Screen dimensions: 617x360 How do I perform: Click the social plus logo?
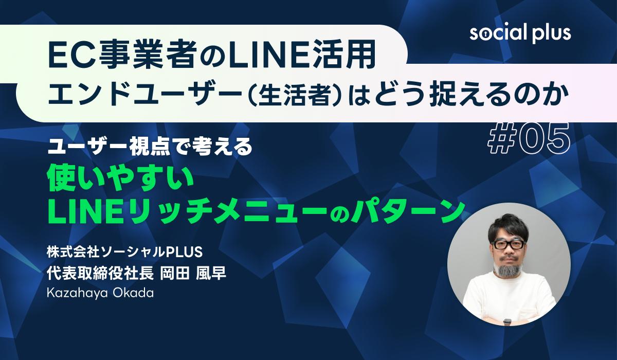(520, 33)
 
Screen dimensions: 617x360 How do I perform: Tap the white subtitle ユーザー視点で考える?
(150, 147)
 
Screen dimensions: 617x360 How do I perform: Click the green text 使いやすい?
(121, 179)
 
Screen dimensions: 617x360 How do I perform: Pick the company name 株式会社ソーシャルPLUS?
(124, 252)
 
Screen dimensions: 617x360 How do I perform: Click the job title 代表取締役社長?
(100, 274)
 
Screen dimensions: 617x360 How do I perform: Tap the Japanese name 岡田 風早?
(193, 274)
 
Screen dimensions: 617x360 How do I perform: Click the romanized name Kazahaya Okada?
(100, 293)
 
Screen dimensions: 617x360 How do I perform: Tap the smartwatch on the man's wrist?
(507, 321)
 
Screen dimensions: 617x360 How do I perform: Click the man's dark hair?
(507, 226)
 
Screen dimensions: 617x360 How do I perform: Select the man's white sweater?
(508, 299)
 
